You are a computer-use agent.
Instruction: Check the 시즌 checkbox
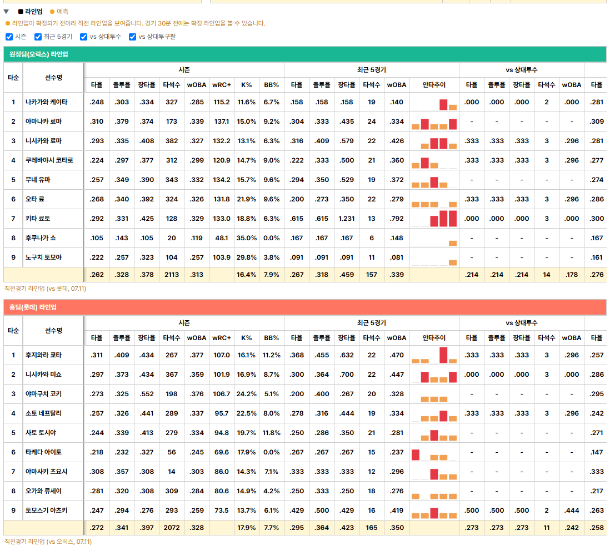tap(9, 37)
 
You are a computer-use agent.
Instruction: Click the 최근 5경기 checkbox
tap(38, 37)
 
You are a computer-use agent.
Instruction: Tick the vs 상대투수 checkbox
tap(84, 37)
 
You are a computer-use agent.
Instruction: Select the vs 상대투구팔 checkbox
tap(133, 37)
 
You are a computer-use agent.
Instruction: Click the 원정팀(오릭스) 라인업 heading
tap(38, 54)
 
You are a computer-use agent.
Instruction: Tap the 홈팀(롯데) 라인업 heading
tap(33, 307)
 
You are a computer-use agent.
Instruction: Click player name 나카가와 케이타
tap(46, 102)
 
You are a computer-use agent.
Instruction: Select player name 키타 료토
tap(38, 219)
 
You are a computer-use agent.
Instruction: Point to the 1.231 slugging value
tap(346, 219)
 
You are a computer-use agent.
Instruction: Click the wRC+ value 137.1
tap(221, 122)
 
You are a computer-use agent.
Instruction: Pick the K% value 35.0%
tap(246, 238)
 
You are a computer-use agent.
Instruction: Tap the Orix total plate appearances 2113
tap(172, 275)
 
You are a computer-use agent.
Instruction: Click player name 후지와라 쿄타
tap(43, 355)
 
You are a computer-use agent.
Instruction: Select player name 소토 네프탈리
tap(43, 413)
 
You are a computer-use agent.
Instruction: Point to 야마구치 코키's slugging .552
tap(147, 394)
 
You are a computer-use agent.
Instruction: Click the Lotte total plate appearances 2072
tap(172, 528)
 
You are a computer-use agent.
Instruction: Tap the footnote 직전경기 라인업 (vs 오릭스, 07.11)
tap(48, 542)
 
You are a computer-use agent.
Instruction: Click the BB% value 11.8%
tap(271, 433)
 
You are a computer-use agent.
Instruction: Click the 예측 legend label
tap(62, 12)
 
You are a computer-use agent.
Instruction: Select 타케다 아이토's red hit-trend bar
tap(416, 454)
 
